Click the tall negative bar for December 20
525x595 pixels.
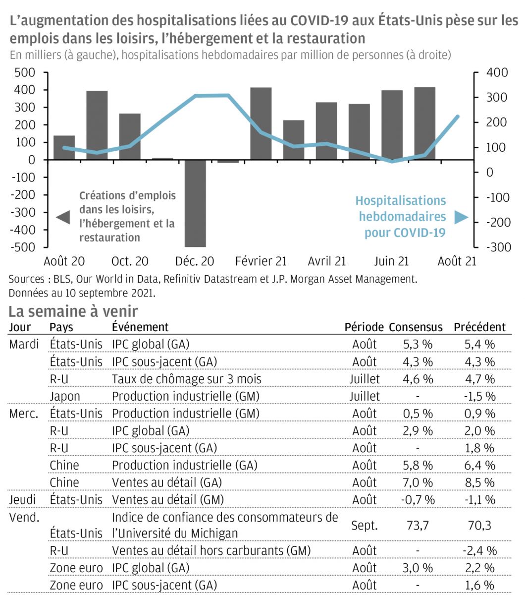tap(195, 203)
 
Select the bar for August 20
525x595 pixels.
tap(64, 147)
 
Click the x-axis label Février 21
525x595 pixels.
tap(261, 261)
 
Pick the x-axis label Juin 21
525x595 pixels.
tap(391, 261)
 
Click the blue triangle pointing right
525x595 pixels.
tap(461, 217)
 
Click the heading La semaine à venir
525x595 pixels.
tap(73, 311)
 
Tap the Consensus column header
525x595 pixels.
tap(416, 327)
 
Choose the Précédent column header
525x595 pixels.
tap(479, 327)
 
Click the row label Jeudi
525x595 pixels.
tap(23, 500)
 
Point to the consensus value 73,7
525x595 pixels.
tap(417, 525)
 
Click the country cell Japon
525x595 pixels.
tap(65, 396)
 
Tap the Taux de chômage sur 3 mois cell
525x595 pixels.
tap(186, 379)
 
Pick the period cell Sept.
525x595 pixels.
tap(364, 525)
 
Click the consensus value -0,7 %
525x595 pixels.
tap(417, 500)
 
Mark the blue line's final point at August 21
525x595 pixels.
tap(457, 117)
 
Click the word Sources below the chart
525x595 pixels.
tap(26, 279)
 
